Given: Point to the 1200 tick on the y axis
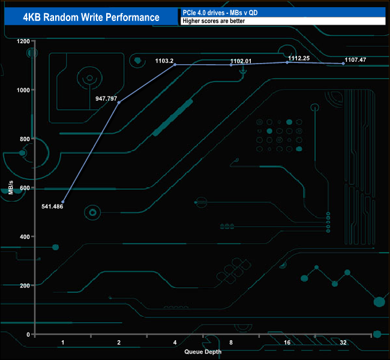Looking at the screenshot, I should (x=23, y=41).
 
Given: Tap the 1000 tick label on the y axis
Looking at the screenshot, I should (x=23, y=90).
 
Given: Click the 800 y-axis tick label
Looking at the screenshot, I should (x=24, y=139).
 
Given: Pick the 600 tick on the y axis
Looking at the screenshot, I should (x=24, y=188).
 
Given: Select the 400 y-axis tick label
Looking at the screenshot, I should (x=24, y=236).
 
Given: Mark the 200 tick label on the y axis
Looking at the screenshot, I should (x=24, y=286).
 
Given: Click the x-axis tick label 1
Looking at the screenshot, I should (x=63, y=342).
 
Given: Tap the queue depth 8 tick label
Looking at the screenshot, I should (x=231, y=342).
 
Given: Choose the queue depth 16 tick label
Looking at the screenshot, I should (x=287, y=342).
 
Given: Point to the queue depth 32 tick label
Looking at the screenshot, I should (x=343, y=342).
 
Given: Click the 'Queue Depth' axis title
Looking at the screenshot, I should (x=203, y=352).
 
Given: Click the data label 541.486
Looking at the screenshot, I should (x=53, y=206).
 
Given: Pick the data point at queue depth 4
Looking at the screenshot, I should (x=175, y=65).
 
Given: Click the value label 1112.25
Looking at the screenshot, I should (x=299, y=58).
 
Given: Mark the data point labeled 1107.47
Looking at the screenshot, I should (x=343, y=64).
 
